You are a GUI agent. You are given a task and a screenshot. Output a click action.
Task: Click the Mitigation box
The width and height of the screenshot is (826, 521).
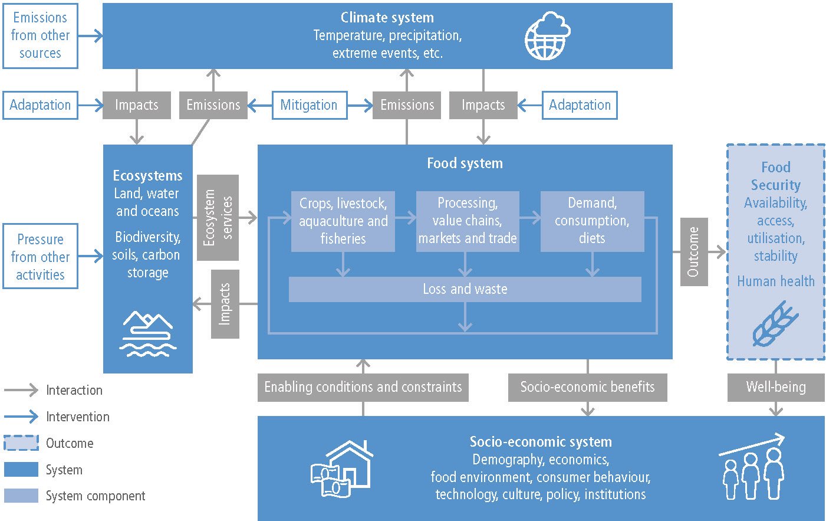coord(310,105)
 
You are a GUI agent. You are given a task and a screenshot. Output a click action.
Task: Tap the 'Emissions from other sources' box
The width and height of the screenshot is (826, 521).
coord(40,36)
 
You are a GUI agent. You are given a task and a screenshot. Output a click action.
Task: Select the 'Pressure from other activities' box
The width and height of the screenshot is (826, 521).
coord(40,256)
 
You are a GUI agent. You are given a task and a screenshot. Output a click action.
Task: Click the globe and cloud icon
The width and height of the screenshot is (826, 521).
coord(548,35)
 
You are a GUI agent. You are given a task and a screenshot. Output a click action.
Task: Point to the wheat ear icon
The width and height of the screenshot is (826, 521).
coord(774,324)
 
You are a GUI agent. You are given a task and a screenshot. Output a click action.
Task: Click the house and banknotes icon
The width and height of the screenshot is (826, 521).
coord(342,468)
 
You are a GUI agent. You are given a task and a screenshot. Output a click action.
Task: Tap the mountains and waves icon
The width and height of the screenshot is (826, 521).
coord(148,334)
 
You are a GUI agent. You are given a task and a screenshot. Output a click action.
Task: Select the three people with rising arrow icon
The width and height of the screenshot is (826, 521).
coord(752,467)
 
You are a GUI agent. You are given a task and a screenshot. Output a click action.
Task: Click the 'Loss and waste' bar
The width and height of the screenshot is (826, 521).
coord(465,289)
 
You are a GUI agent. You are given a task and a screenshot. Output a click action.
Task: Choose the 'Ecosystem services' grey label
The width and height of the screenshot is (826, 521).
coord(218,218)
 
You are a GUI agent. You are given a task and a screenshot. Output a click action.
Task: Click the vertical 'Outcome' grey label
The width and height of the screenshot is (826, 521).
coord(694,252)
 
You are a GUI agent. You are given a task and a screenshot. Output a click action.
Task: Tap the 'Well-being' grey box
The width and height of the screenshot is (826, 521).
coord(776,388)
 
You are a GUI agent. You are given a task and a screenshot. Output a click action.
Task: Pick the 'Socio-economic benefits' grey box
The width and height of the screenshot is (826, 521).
coord(587,388)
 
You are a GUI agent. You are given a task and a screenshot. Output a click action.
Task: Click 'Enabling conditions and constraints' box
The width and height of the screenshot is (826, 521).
coord(363,388)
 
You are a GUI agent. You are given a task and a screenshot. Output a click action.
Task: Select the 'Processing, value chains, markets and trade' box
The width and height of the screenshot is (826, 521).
coord(468,221)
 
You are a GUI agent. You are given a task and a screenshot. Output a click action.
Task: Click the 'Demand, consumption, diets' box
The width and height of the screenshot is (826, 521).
coord(592,221)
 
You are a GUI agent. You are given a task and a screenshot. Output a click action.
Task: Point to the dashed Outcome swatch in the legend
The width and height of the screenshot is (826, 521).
coord(21,443)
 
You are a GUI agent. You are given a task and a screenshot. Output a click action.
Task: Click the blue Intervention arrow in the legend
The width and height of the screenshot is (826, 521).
coord(21,417)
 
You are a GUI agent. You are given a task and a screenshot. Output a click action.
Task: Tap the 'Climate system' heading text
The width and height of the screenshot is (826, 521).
coord(387,18)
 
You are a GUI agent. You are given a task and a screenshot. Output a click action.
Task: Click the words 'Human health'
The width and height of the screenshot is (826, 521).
coord(776,281)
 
